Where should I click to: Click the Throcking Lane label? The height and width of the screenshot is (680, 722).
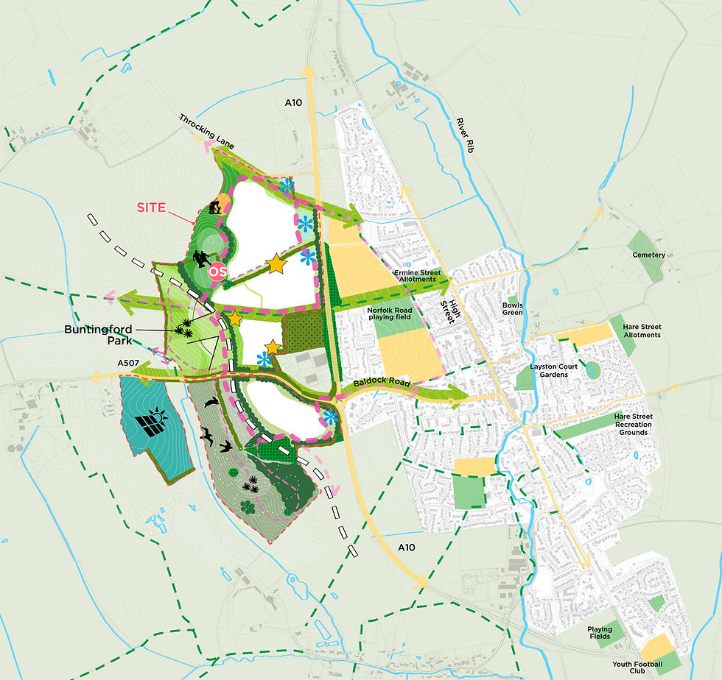[x=207, y=131]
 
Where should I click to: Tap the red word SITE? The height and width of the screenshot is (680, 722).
[x=151, y=208]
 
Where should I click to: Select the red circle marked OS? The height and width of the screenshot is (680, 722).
[x=218, y=272]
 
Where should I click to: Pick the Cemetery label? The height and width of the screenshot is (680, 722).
[x=648, y=255]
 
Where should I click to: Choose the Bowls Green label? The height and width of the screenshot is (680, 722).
[x=512, y=308]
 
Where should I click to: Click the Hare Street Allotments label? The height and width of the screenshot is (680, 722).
[x=640, y=330]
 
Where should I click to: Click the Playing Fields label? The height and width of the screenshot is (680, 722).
[x=599, y=632]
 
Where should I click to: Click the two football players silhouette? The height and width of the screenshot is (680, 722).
[x=200, y=259]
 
